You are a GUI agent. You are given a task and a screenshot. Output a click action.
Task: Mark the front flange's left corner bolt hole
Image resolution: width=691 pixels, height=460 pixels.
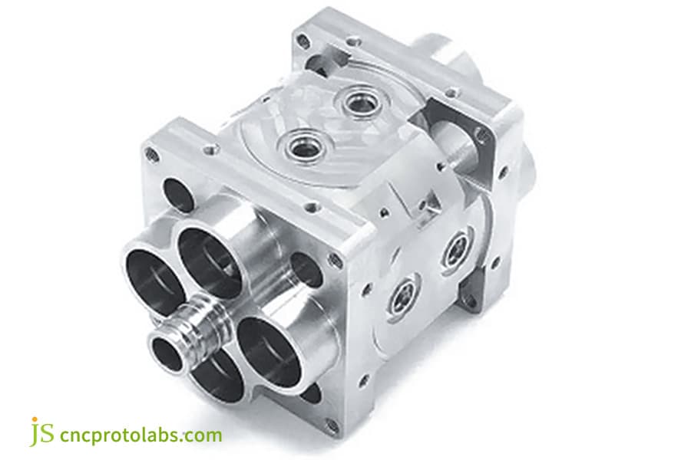coord(152,156)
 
